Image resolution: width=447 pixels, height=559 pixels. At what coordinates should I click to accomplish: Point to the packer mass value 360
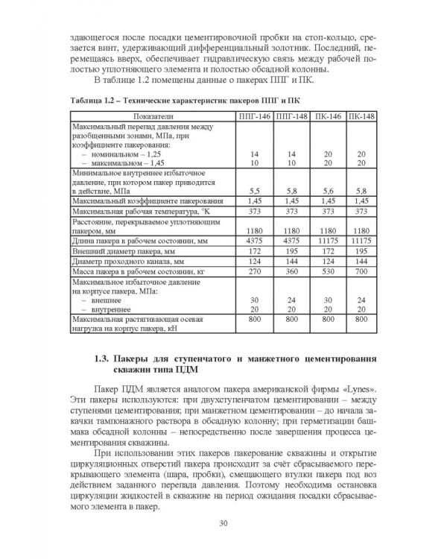(291, 274)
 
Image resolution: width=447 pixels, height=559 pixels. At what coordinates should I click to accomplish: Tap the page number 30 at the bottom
(223, 522)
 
